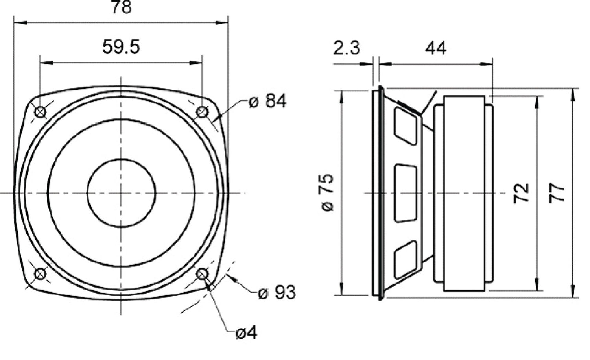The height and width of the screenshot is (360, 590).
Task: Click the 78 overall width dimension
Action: pyautogui.click(x=121, y=7)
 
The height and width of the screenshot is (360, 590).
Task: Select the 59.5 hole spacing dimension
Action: pyautogui.click(x=121, y=47)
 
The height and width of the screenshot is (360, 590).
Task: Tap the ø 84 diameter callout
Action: pyautogui.click(x=268, y=101)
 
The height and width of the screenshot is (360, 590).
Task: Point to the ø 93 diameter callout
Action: pyautogui.click(x=277, y=293)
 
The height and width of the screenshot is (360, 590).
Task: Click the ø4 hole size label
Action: pyautogui.click(x=246, y=333)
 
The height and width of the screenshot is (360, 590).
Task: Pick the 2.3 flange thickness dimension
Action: pyautogui.click(x=347, y=48)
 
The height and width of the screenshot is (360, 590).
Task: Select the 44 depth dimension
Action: pyautogui.click(x=435, y=48)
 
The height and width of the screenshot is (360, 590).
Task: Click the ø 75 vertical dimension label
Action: pyautogui.click(x=328, y=192)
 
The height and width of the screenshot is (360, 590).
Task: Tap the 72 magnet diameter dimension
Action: pyautogui.click(x=521, y=193)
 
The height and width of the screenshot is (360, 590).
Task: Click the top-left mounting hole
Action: pyautogui.click(x=41, y=112)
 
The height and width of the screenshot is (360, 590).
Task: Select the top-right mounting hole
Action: pyautogui.click(x=202, y=112)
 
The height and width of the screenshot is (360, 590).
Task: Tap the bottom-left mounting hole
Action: pyautogui.click(x=41, y=274)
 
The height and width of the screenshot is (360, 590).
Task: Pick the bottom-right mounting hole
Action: pyautogui.click(x=202, y=274)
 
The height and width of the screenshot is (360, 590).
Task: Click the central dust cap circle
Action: pyautogui.click(x=121, y=193)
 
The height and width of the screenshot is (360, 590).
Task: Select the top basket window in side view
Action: pyautogui.click(x=405, y=126)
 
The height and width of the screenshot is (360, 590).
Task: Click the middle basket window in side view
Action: pyautogui.click(x=405, y=193)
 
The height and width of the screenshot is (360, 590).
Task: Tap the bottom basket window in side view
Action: pyautogui.click(x=405, y=260)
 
